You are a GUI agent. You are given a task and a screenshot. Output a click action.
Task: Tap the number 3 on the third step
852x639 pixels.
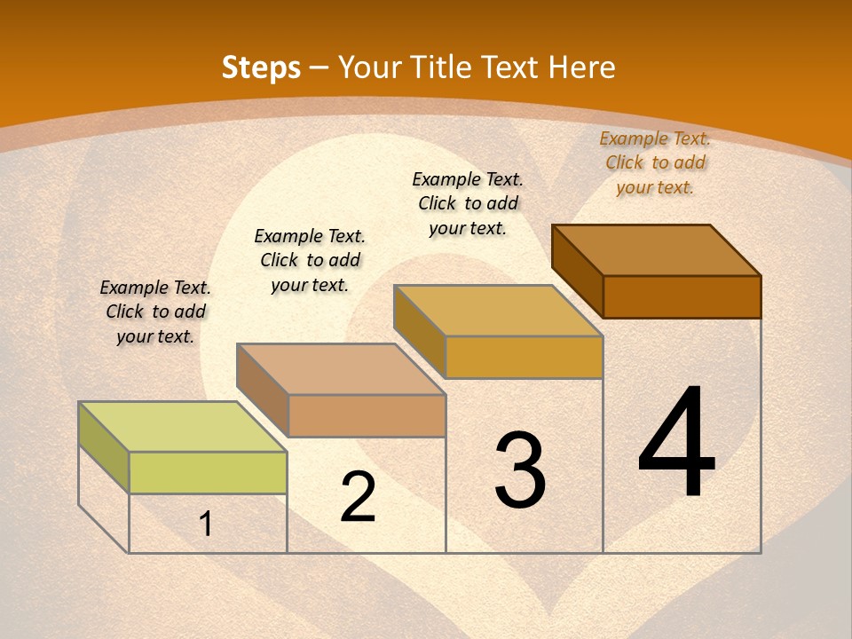[519, 470]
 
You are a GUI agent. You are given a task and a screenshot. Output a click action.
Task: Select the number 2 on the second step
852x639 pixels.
[358, 497]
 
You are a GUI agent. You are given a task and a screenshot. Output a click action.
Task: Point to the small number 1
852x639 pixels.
[205, 525]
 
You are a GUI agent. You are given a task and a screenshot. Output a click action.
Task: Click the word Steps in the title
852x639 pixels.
[261, 67]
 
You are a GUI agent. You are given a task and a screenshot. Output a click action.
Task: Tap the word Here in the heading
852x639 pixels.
[581, 67]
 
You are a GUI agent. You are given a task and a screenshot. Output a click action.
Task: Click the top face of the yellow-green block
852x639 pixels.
[182, 427]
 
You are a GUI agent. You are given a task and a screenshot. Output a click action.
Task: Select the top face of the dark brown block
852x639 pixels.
[656, 250]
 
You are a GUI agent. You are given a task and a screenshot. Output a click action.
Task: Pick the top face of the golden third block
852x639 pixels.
[498, 311]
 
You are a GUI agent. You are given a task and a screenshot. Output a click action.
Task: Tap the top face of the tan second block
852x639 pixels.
[340, 369]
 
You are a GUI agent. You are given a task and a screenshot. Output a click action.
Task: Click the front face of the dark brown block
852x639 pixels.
[682, 296]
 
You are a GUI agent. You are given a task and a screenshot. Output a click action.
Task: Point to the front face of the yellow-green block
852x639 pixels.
[208, 472]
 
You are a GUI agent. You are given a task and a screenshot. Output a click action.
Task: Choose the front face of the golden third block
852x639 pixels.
[524, 357]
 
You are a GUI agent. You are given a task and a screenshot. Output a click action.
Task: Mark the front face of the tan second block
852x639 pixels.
[367, 415]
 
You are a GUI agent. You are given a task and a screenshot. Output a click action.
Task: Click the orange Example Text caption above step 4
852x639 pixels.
[655, 162]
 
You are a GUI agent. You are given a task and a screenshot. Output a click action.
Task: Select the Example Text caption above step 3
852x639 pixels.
[468, 203]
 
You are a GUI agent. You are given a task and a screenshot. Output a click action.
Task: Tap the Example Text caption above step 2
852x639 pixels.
[310, 260]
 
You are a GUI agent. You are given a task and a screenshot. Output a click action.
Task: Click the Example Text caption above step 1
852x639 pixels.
[155, 312]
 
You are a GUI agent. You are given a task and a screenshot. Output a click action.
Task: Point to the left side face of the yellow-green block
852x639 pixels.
[104, 447]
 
